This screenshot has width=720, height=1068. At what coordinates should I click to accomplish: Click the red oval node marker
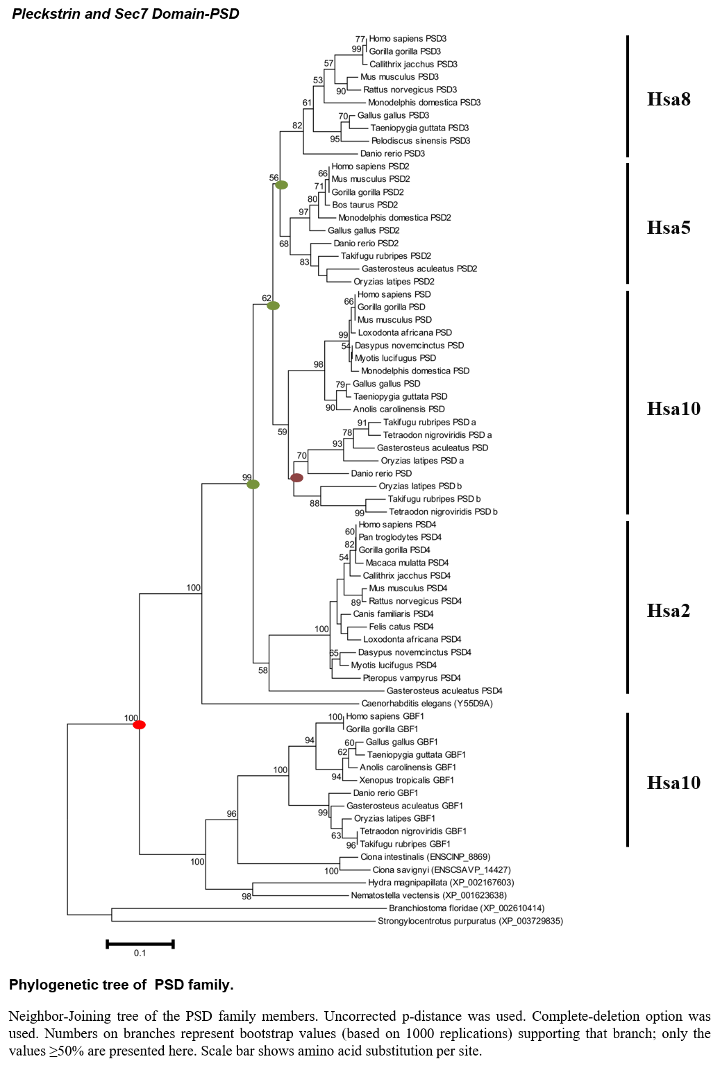(139, 724)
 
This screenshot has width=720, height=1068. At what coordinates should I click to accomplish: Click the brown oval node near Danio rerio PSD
(296, 477)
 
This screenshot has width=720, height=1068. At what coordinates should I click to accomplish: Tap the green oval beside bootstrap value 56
(281, 185)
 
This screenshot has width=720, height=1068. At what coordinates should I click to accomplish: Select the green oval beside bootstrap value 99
(253, 484)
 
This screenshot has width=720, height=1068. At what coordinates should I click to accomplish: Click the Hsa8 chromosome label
(669, 99)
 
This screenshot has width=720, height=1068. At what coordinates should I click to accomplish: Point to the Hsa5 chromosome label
(669, 228)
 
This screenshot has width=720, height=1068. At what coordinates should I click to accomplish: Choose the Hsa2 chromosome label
(669, 611)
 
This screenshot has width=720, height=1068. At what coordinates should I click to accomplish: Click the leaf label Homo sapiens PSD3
(408, 39)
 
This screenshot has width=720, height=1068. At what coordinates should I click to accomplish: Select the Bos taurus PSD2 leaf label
(365, 205)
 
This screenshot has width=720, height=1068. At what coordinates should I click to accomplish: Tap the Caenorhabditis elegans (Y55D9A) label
(427, 703)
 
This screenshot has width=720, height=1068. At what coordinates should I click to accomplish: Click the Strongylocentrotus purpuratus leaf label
(471, 921)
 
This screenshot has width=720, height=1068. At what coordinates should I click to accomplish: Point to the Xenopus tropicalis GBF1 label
(407, 780)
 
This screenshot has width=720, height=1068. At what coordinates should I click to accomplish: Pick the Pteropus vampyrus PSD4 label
(412, 677)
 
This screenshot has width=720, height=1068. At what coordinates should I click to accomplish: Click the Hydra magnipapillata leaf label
(441, 883)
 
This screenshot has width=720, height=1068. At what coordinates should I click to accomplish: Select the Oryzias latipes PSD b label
(420, 486)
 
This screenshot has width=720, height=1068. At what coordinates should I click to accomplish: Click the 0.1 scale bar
(140, 944)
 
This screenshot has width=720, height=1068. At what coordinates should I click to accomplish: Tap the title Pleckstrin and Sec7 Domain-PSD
(126, 14)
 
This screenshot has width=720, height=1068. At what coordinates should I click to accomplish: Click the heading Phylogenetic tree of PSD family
(122, 985)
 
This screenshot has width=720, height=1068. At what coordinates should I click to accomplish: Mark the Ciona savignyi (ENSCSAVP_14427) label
(442, 870)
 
